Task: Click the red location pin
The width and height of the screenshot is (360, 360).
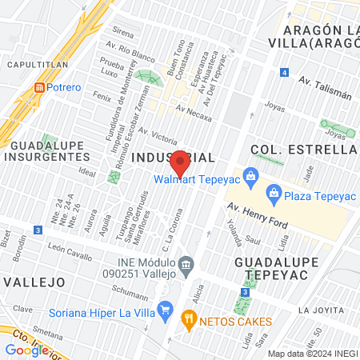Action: [181, 163]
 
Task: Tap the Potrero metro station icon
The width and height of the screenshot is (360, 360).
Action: [38, 86]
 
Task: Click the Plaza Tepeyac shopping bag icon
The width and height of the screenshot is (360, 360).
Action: [274, 192]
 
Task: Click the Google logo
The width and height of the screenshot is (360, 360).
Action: [26, 350]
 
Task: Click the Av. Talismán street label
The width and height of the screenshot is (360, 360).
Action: [325, 87]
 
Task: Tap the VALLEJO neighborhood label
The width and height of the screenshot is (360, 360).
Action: [34, 282]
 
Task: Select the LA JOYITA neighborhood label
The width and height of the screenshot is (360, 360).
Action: [325, 309]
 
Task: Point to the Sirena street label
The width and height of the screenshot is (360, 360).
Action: [122, 33]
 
